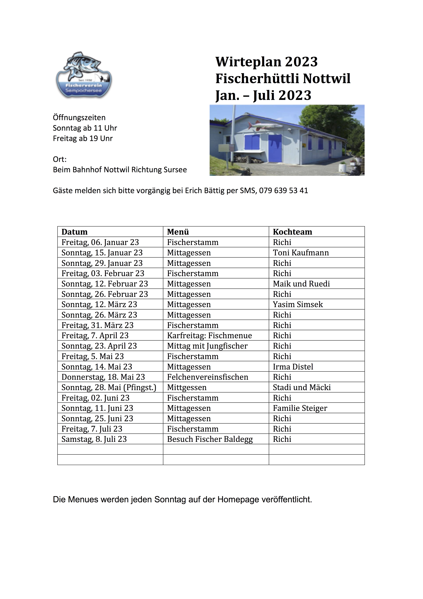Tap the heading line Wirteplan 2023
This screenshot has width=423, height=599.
pos(266,62)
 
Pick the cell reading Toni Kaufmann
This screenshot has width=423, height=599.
pos(301,253)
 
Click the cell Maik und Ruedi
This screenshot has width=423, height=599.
pos(301,284)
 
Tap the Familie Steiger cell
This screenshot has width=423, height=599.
pos(300,408)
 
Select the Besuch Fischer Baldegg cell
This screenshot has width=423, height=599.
pos(210,439)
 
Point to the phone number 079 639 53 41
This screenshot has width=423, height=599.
pos(283,191)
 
